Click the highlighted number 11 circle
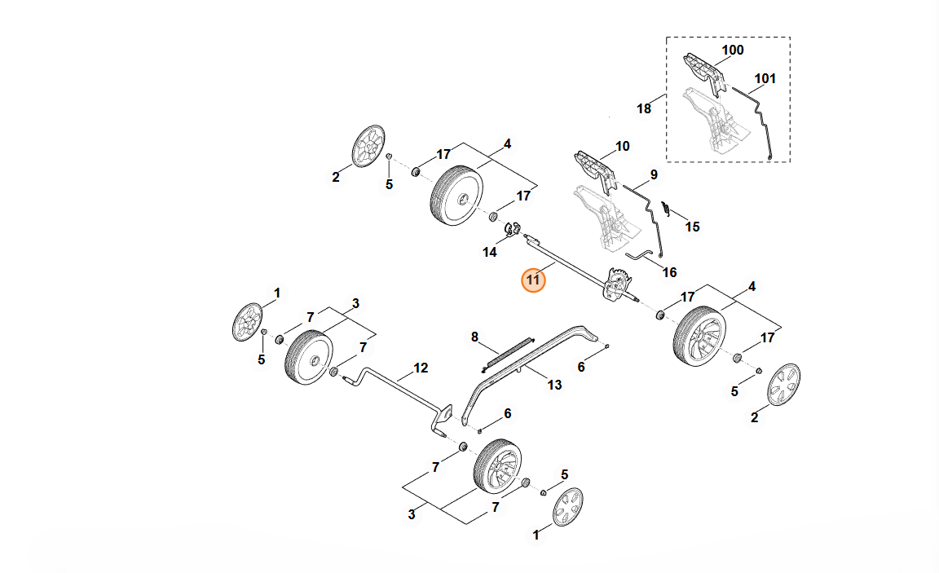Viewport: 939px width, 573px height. tap(533, 280)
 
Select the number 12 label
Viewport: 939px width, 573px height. tap(420, 368)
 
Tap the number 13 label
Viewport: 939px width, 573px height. tap(554, 385)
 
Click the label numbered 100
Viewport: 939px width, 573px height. tap(733, 50)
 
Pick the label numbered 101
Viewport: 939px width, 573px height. tap(765, 79)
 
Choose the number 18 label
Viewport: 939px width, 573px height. tap(644, 108)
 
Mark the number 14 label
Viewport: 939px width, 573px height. tap(489, 253)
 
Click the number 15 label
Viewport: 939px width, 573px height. tap(692, 227)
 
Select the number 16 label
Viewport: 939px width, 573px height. tap(669, 271)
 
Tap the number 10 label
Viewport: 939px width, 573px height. tap(622, 147)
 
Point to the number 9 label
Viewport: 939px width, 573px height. tap(653, 174)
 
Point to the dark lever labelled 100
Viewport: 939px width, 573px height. tap(702, 71)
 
